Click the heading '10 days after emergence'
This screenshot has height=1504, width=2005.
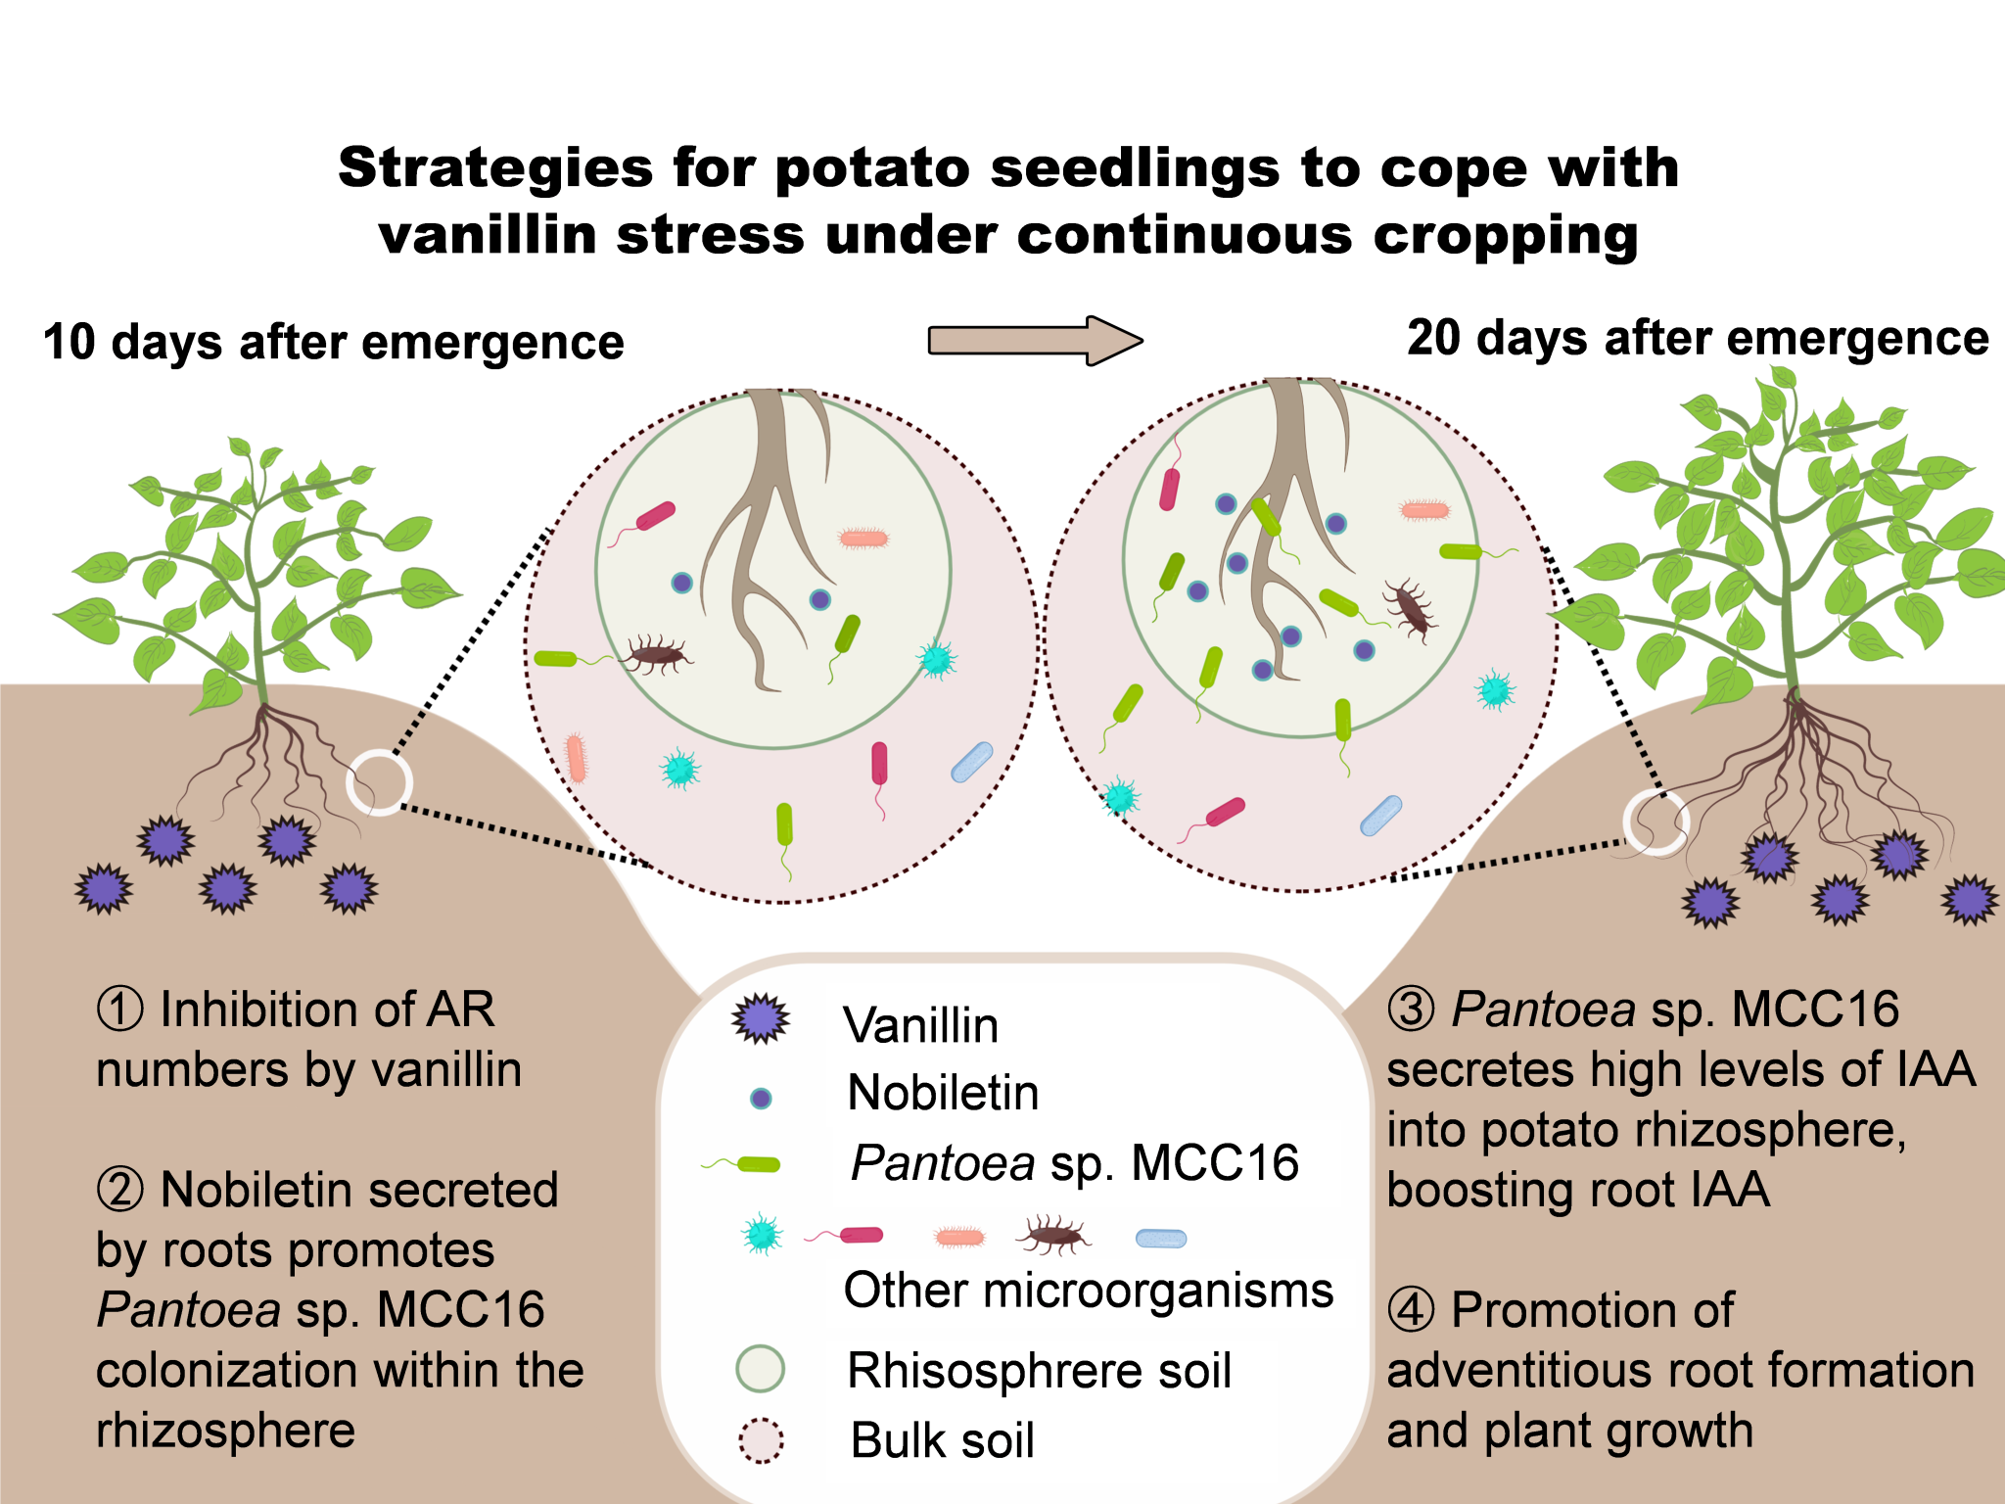pyautogui.click(x=333, y=343)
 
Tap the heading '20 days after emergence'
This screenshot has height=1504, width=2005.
pyautogui.click(x=1698, y=339)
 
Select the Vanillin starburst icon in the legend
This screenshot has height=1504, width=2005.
pyautogui.click(x=761, y=1019)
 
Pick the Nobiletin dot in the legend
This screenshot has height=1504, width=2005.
pyautogui.click(x=761, y=1098)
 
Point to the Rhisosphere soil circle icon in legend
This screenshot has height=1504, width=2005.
pyautogui.click(x=761, y=1368)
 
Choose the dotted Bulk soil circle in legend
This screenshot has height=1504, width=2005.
pyautogui.click(x=761, y=1440)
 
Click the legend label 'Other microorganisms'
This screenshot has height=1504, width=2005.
pyautogui.click(x=1088, y=1291)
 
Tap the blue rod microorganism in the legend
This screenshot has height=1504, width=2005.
pyautogui.click(x=1161, y=1239)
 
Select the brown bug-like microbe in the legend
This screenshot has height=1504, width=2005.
pyautogui.click(x=1053, y=1236)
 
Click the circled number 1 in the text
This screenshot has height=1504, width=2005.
pyautogui.click(x=120, y=1010)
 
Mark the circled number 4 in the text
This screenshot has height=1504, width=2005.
pyautogui.click(x=1411, y=1310)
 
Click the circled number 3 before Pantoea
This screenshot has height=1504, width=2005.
pyautogui.click(x=1411, y=1010)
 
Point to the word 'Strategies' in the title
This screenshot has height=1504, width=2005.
pyautogui.click(x=494, y=167)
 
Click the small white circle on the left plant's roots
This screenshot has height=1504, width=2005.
pyautogui.click(x=379, y=782)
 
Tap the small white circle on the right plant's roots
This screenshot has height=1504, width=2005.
pyautogui.click(x=1655, y=822)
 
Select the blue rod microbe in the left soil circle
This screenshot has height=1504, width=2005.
pyautogui.click(x=972, y=762)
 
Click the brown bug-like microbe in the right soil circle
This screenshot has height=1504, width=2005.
pyautogui.click(x=1410, y=610)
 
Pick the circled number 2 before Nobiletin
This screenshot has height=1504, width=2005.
pyautogui.click(x=120, y=1191)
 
